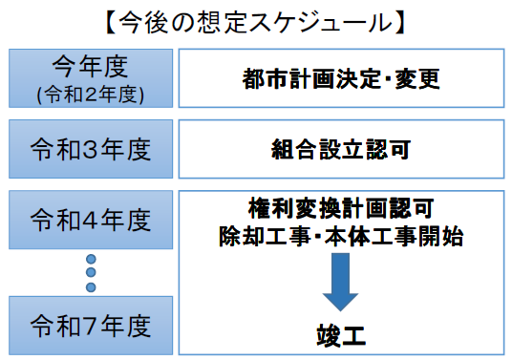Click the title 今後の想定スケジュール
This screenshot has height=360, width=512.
[256, 19]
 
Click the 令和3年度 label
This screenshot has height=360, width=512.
[91, 149]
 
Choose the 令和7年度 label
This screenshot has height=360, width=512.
[91, 325]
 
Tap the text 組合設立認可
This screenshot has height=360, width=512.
[341, 149]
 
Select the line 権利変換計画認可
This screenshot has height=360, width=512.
[341, 207]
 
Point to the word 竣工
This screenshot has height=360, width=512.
[341, 334]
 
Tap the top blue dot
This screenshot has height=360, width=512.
[91, 259]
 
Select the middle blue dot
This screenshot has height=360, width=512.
[91, 273]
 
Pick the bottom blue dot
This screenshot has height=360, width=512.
[91, 287]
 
